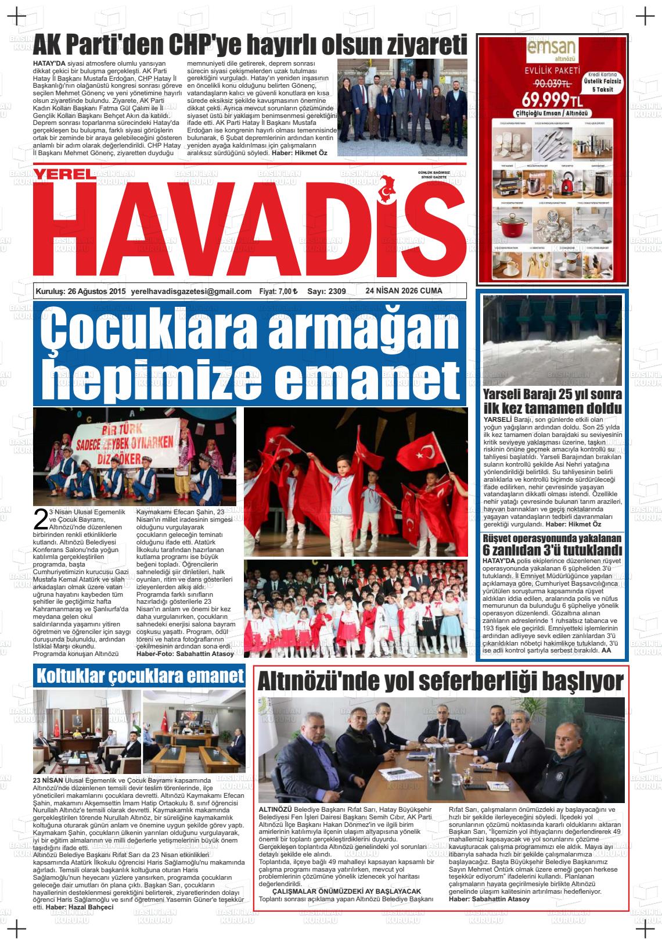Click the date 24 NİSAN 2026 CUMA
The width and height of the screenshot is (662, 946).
pyautogui.click(x=404, y=291)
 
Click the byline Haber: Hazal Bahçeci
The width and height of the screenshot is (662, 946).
pyautogui.click(x=80, y=907)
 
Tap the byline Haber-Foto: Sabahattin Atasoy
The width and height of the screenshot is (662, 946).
pyautogui.click(x=185, y=654)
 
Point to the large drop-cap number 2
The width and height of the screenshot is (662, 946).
pyautogui.click(x=40, y=519)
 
